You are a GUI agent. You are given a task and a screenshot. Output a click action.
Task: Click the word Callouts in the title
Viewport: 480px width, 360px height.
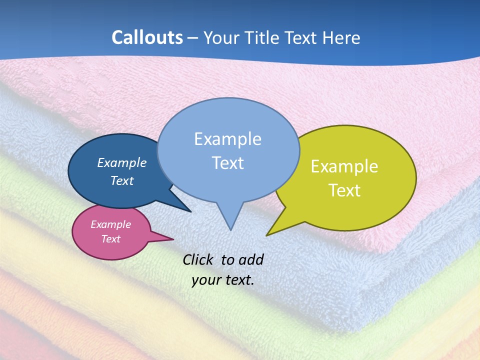pyautogui.click(x=147, y=37)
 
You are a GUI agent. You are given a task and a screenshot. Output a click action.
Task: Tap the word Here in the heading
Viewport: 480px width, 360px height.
pyautogui.click(x=342, y=38)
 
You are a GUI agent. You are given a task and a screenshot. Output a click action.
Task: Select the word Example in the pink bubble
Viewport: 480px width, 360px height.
pyautogui.click(x=111, y=224)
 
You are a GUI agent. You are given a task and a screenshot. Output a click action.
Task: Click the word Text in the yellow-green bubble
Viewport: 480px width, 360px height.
pyautogui.click(x=344, y=190)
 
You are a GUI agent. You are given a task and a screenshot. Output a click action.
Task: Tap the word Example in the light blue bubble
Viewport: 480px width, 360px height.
pyautogui.click(x=228, y=139)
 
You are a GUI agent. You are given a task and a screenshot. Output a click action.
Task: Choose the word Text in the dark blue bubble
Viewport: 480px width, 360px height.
pyautogui.click(x=122, y=180)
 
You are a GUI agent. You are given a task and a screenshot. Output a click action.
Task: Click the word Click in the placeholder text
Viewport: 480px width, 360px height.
pyautogui.click(x=198, y=259)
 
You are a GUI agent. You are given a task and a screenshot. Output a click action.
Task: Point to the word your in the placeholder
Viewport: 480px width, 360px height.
pyautogui.click(x=206, y=280)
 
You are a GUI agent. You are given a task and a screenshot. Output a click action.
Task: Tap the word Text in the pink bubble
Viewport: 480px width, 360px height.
pyautogui.click(x=111, y=239)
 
